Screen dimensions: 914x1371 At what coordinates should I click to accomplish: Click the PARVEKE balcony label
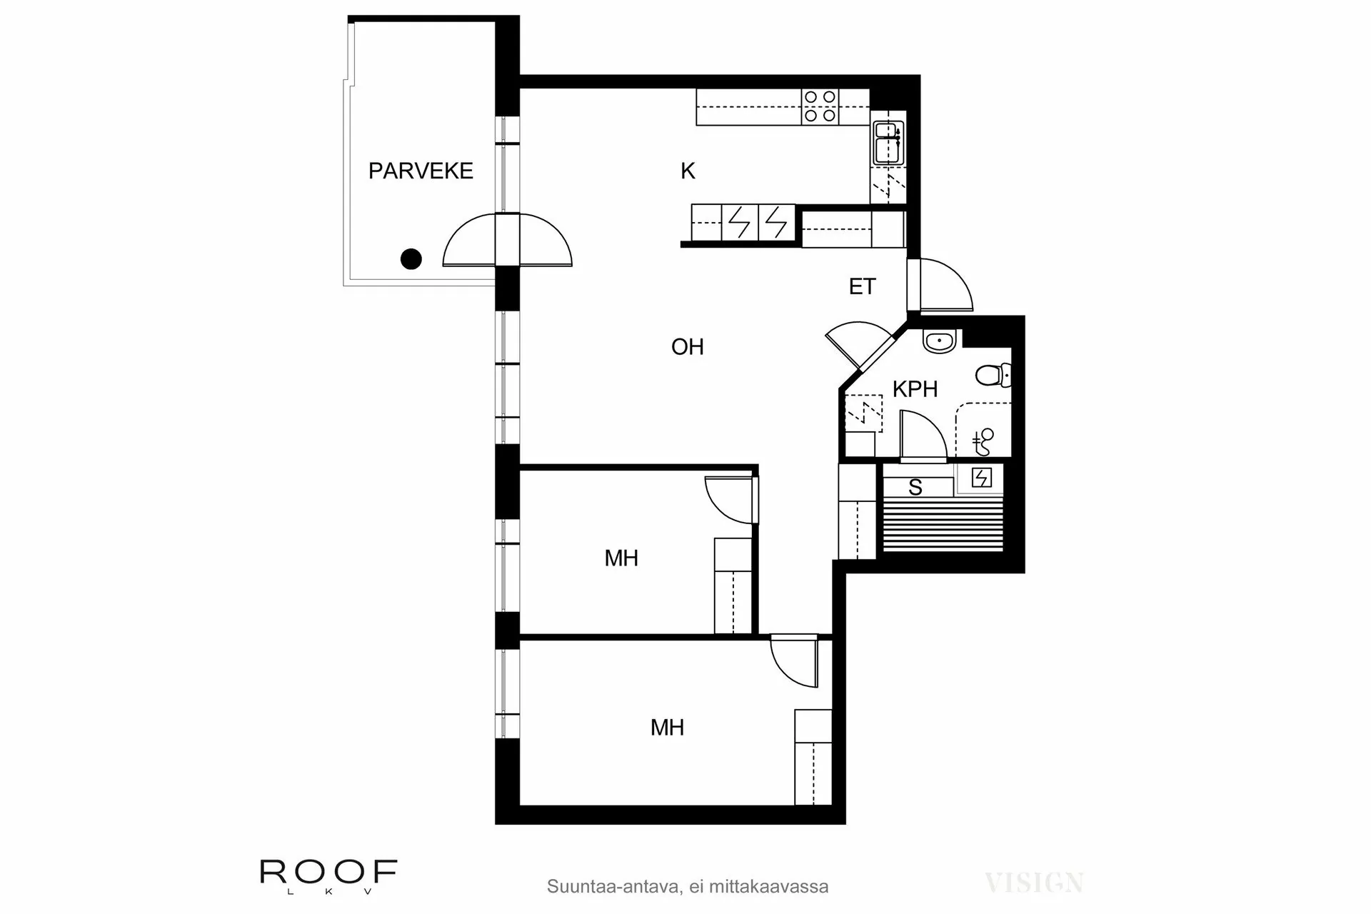[x=421, y=171]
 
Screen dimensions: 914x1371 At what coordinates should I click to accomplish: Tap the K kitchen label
[x=688, y=171]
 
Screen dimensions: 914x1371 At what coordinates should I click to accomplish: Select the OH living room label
[x=687, y=347]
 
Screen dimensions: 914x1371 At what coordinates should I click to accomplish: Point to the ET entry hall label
[x=862, y=287]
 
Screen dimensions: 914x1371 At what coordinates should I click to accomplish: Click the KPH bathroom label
[x=915, y=389]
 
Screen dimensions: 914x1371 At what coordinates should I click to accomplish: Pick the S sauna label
[x=915, y=488]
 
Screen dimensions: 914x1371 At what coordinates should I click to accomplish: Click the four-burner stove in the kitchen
[x=819, y=106]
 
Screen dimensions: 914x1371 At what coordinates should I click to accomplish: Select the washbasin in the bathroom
[x=939, y=341]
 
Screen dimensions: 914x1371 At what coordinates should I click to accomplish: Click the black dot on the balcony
[x=411, y=258]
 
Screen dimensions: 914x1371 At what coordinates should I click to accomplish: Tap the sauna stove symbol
[x=981, y=478]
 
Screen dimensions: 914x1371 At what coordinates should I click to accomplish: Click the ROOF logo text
[x=328, y=871]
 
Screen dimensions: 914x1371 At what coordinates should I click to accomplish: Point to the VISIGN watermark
[x=1034, y=883]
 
